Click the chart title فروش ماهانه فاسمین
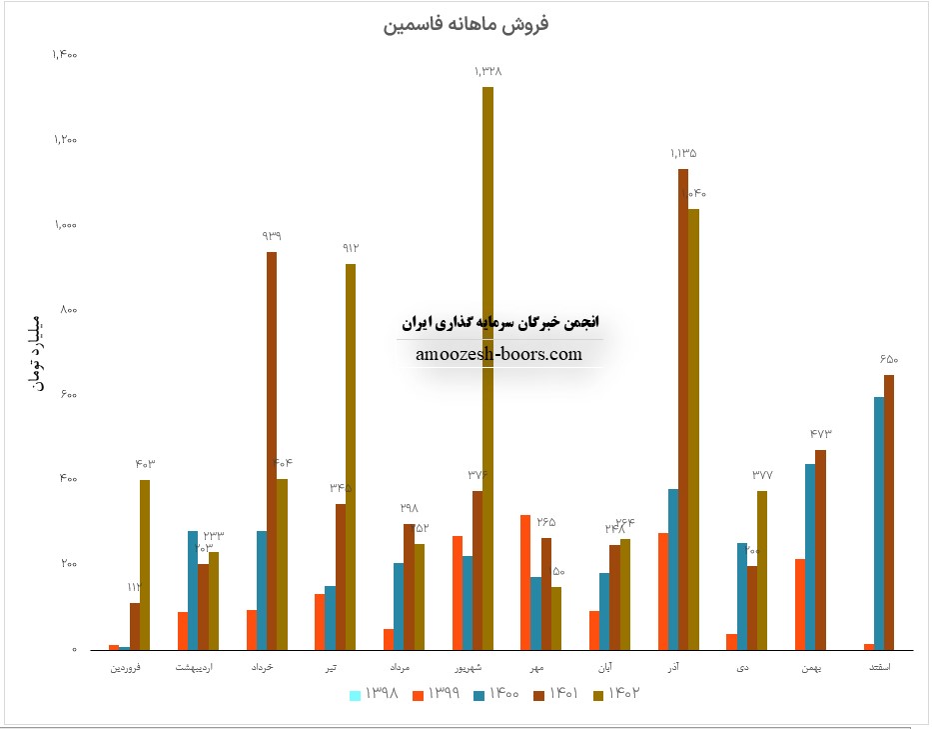point(466,23)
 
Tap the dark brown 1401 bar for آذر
point(683,409)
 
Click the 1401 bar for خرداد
point(272,450)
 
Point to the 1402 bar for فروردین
point(145,564)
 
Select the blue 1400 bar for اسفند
point(878,523)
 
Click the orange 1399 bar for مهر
point(524,582)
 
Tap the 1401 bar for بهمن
point(820,549)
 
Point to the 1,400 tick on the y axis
point(63,55)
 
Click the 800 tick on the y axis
point(68,310)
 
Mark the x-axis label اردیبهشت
point(193,666)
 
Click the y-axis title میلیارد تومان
point(40,352)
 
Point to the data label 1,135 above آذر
point(683,154)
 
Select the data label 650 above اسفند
point(889,360)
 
